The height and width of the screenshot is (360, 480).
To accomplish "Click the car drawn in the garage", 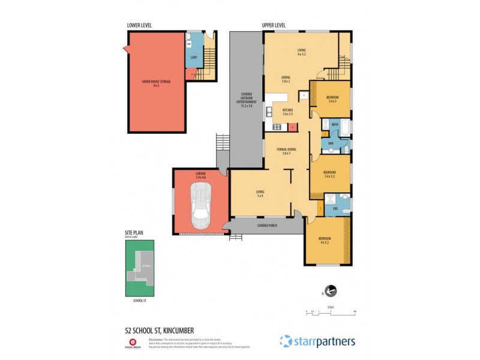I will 200,205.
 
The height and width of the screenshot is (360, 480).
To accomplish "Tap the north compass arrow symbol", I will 330,292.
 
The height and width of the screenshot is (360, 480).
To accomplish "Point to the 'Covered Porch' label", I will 267,226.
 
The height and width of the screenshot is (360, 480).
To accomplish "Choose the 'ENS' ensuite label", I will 336,209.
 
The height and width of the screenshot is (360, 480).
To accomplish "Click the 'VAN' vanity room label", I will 331,143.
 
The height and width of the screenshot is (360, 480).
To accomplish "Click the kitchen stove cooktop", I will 277,127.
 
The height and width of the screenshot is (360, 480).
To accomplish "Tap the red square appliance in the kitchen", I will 292,127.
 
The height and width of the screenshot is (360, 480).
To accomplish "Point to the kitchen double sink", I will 269,111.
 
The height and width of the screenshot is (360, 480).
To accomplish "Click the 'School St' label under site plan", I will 139,301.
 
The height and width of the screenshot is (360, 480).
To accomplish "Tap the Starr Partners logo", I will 317,341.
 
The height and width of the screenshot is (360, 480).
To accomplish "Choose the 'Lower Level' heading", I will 139,25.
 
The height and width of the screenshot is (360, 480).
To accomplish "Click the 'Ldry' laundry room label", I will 194,58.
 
